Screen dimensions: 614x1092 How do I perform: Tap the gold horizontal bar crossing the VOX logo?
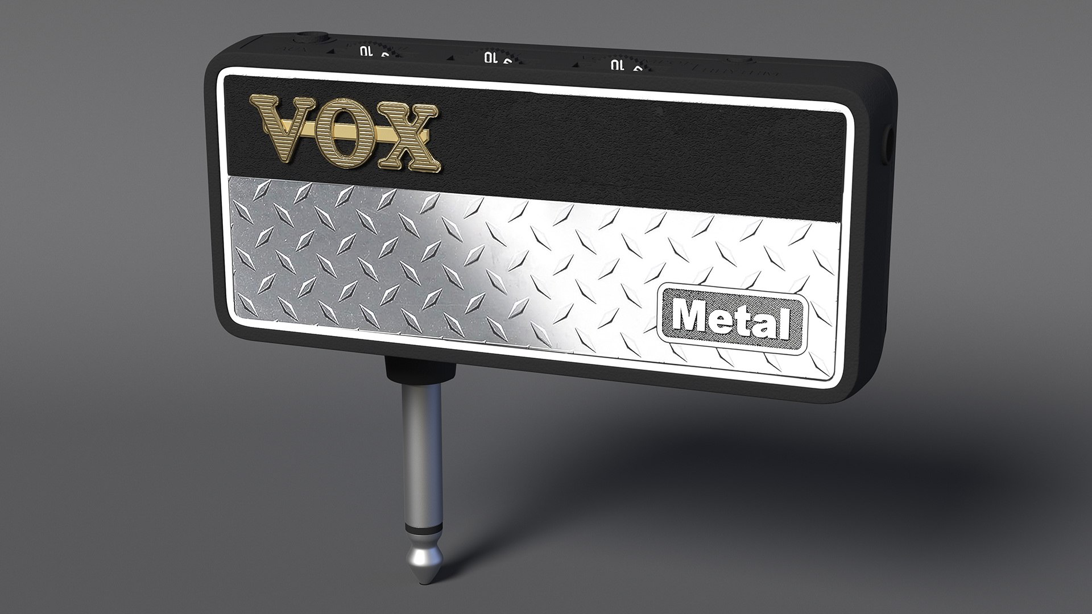tap(398, 135)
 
